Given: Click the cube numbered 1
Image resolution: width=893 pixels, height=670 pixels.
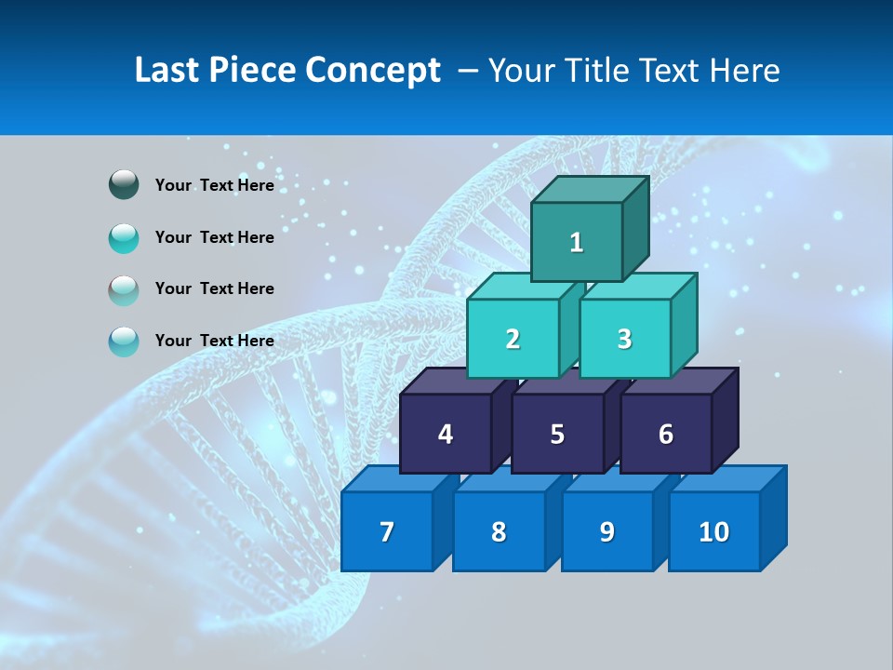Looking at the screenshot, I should click(x=577, y=242).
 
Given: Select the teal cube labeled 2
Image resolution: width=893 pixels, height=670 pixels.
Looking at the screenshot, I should click(x=513, y=339).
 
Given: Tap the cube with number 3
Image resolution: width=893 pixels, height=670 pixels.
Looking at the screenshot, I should click(x=624, y=339).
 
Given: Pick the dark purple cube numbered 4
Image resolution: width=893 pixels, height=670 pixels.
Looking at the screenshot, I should click(x=446, y=434).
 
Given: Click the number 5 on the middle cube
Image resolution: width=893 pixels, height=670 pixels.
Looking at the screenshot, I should click(x=556, y=434).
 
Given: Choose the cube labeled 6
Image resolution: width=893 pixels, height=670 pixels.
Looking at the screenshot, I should click(x=665, y=434).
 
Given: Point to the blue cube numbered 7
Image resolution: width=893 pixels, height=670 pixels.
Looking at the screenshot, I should click(x=387, y=531).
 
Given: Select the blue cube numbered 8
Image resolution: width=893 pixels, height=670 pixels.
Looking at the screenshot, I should click(x=499, y=531).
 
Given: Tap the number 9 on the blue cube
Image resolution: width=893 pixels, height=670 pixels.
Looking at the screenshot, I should click(x=606, y=531).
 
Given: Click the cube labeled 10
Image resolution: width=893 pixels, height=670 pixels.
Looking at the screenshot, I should click(x=713, y=531).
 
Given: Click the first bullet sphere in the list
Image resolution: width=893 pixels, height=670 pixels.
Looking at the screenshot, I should click(x=124, y=185).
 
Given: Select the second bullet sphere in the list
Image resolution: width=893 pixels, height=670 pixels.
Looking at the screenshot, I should click(x=124, y=237).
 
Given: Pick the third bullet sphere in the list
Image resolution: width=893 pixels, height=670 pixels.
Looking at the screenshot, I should click(x=124, y=289).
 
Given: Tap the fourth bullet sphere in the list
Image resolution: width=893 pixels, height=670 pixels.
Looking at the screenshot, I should click(x=124, y=341).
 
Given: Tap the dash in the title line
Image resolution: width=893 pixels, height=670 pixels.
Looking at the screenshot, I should click(x=469, y=72).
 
